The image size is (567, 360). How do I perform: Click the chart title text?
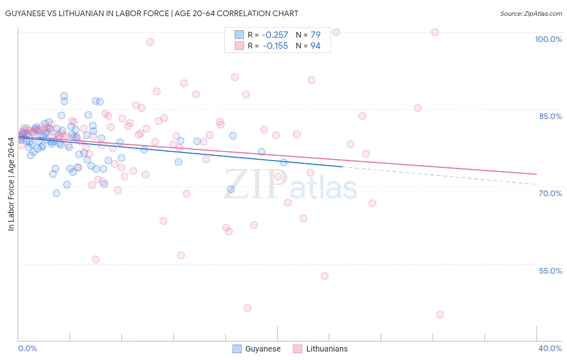152,13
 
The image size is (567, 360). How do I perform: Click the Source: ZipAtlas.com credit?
531,13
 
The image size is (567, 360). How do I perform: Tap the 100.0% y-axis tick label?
548,39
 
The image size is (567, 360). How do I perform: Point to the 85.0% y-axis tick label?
550,116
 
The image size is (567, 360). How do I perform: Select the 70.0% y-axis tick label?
550,193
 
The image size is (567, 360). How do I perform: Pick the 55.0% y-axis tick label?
550,271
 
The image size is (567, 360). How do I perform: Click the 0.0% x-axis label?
27,348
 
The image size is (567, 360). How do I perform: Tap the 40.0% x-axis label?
550,348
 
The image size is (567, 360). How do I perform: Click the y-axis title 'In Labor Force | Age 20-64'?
11,184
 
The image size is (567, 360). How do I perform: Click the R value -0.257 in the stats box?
275,35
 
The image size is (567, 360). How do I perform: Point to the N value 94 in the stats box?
315,46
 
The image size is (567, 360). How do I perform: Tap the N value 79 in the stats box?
315,35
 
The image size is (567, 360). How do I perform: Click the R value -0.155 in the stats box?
275,46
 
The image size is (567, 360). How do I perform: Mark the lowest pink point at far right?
440,315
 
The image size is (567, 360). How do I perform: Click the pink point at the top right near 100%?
435,32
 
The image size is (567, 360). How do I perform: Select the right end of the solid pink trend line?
536,174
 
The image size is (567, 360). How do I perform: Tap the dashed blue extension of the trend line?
440,176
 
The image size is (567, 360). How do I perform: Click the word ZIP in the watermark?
256,184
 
